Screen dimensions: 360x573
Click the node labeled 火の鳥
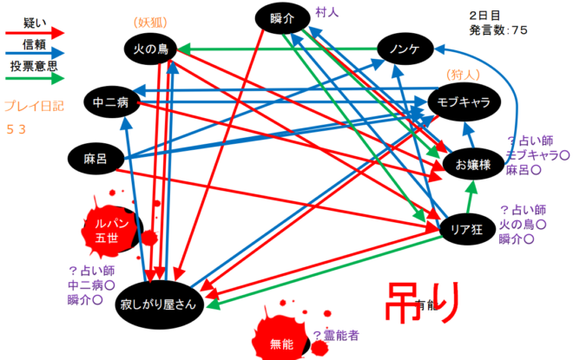150,50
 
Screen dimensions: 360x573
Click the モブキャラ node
465,102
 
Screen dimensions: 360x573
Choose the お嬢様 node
472,163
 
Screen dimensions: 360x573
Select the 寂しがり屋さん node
158,303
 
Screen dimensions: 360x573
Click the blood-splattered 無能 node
282,344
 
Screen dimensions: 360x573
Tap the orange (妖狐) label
150,21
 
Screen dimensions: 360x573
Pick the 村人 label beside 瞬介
327,12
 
